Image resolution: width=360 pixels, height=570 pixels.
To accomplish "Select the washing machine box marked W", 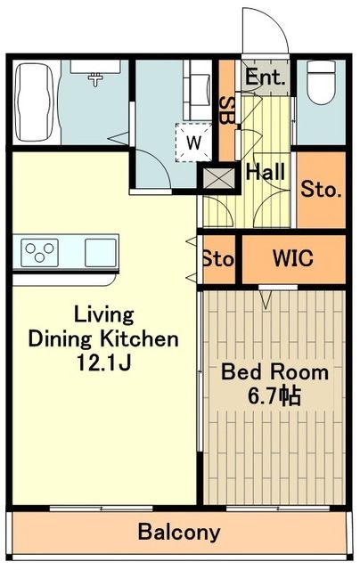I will (193, 141).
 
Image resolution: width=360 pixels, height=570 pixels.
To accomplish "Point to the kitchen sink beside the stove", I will (100, 253).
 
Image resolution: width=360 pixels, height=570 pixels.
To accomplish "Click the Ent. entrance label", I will (265, 77).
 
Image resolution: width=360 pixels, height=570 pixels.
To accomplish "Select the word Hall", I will (265, 171).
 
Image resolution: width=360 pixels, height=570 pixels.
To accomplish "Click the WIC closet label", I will (292, 259).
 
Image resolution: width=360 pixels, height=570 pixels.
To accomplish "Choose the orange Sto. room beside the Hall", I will (319, 190).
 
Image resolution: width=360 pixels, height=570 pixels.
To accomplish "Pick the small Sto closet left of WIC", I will (217, 260).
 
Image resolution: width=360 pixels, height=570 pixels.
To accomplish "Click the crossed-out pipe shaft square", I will (217, 177).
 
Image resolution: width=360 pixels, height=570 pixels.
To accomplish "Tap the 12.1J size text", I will (102, 362).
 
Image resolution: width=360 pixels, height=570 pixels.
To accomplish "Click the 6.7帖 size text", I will (274, 395).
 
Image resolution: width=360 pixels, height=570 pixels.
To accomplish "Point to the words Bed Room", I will (274, 371).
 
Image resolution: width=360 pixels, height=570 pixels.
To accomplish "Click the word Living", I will (103, 314).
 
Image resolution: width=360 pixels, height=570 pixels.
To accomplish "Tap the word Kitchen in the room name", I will (143, 338).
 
